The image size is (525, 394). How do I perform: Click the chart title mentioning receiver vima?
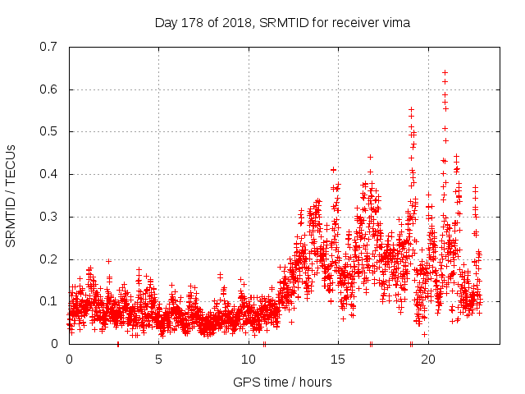282,23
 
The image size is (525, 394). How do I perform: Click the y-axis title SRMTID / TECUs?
11,195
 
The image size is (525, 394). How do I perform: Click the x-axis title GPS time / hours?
282,382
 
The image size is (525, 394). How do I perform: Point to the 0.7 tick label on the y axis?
49,47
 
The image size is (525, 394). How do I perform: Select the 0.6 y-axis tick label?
49,89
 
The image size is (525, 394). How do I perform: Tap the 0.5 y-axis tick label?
49,131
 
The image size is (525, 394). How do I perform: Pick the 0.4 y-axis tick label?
49,174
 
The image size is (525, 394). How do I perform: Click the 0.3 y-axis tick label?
49,217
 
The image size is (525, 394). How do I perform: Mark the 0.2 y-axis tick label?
49,259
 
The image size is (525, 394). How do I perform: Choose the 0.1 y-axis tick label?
49,301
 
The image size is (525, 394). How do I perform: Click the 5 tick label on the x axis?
159,360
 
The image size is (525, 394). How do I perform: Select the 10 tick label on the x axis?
249,360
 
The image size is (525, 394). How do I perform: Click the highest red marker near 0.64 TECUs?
445,73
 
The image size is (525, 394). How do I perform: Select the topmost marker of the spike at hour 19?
412,109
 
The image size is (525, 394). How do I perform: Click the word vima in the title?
395,23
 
